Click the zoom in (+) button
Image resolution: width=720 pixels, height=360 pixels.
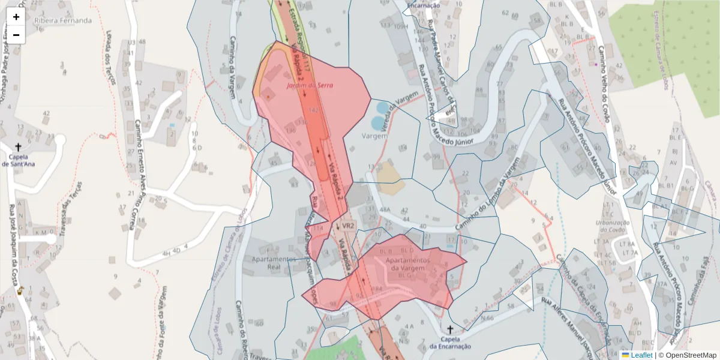click(16, 17)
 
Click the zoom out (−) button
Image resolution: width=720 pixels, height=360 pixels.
click(16, 35)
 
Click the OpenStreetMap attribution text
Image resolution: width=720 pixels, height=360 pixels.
click(689, 355)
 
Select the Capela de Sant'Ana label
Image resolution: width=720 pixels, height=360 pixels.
click(18, 160)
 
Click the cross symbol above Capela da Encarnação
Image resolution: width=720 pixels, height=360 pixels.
click(450, 329)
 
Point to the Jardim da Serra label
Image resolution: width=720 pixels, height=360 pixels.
click(310, 86)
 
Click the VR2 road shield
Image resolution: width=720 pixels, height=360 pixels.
click(348, 226)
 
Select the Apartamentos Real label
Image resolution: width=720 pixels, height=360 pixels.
click(274, 263)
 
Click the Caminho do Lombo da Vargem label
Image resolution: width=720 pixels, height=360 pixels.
click(486, 192)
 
